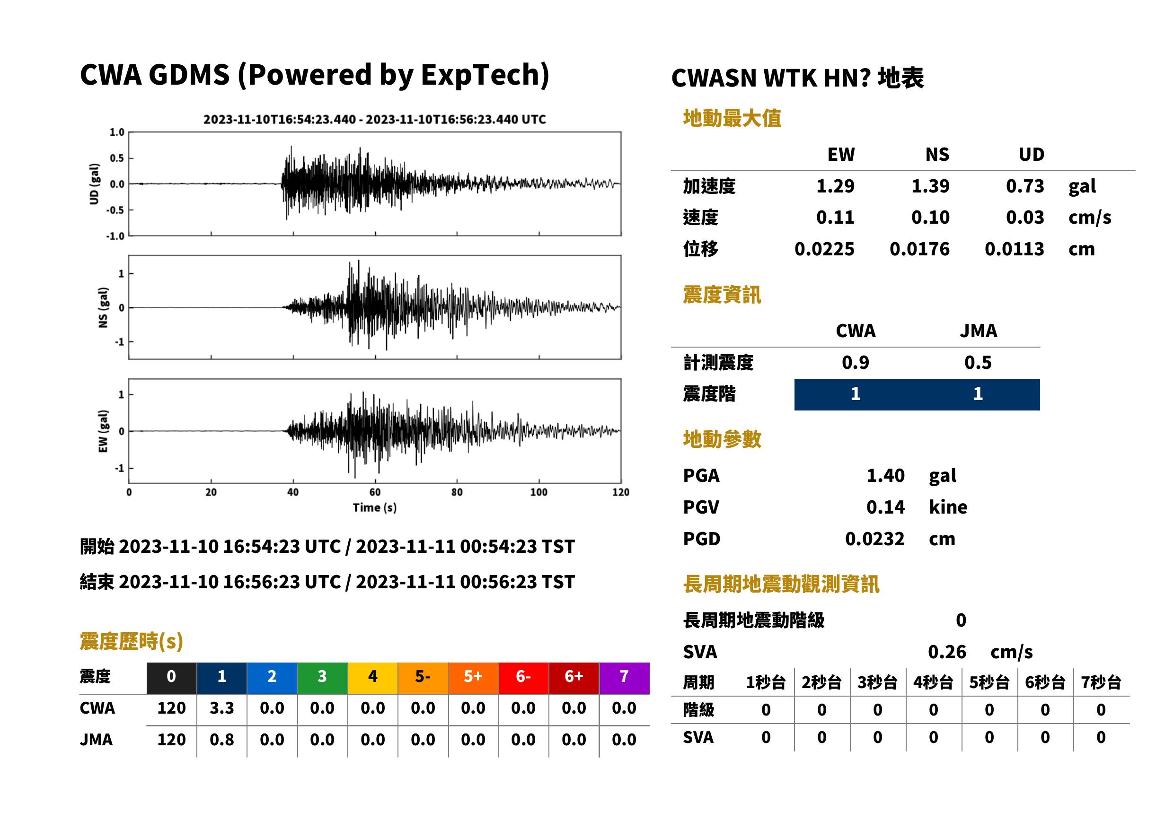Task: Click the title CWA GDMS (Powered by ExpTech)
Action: (314, 75)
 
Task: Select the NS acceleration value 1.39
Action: (930, 186)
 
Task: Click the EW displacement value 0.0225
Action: (824, 249)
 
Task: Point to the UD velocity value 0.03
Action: (1025, 217)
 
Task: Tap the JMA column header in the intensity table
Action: (979, 331)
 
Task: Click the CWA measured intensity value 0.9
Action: (856, 363)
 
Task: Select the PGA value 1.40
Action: (885, 475)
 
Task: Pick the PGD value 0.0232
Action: (874, 539)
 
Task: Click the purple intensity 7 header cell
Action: (624, 678)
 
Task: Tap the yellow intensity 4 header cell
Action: (373, 678)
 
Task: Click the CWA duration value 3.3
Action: (221, 708)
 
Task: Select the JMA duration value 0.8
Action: (221, 740)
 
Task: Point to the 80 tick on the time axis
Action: (457, 492)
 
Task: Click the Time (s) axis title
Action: (375, 508)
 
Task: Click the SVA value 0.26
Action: (947, 652)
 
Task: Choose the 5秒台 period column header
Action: (989, 683)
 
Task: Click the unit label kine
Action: (948, 507)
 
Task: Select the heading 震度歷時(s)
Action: (132, 641)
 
